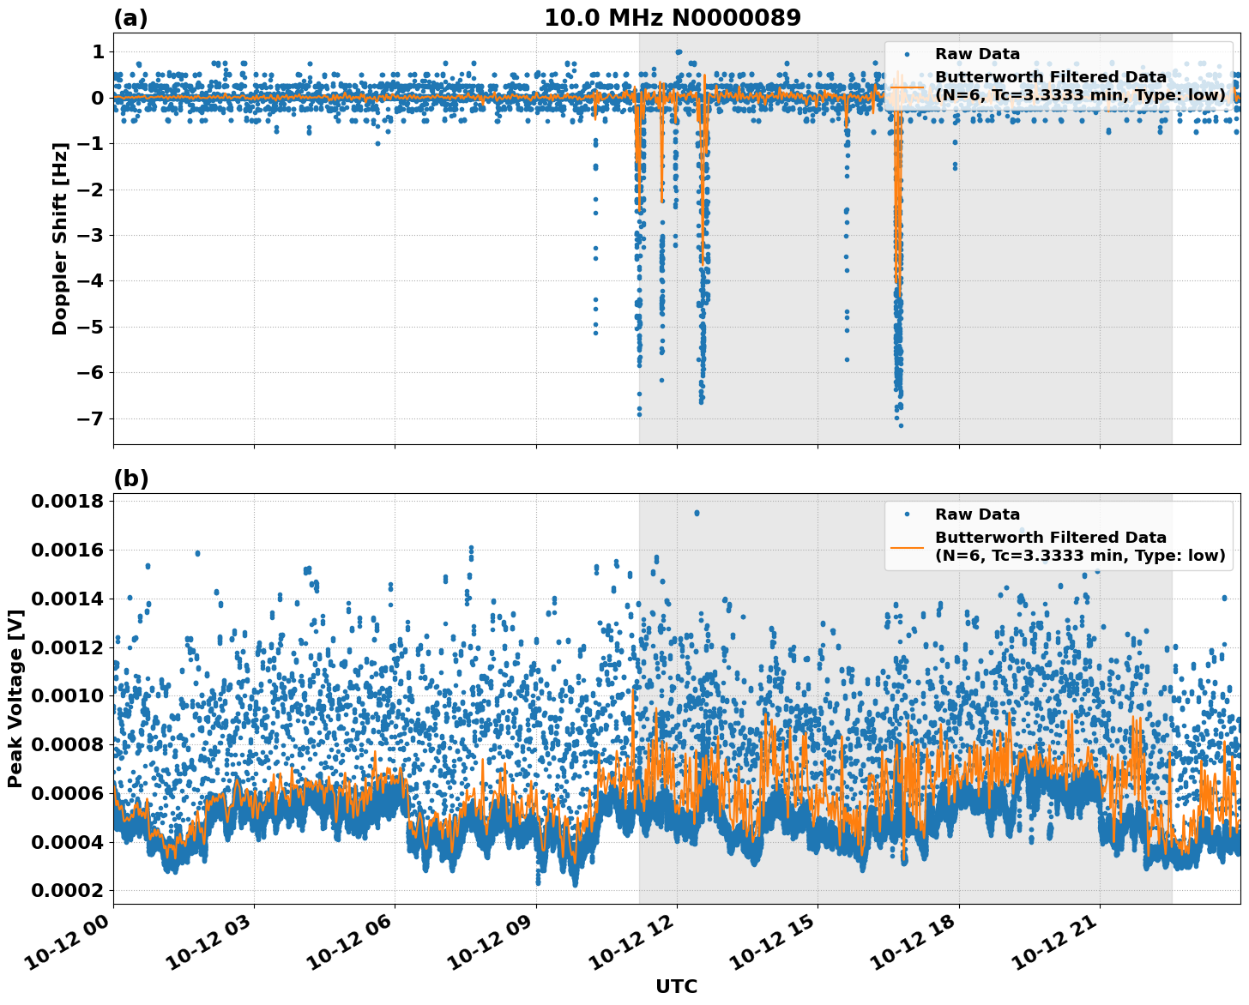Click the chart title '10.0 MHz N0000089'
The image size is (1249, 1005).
pyautogui.click(x=673, y=18)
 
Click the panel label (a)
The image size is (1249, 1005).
pyautogui.click(x=130, y=18)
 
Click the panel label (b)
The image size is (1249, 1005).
pyautogui.click(x=130, y=478)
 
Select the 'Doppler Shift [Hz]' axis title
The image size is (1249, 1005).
pyautogui.click(x=59, y=238)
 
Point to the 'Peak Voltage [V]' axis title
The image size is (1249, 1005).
pyautogui.click(x=15, y=698)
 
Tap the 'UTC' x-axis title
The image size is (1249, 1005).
pyautogui.click(x=676, y=986)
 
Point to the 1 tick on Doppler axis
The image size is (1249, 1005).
pyautogui.click(x=98, y=52)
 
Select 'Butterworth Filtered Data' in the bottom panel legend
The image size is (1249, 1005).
pyautogui.click(x=1050, y=538)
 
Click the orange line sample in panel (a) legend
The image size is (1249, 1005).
pyautogui.click(x=907, y=86)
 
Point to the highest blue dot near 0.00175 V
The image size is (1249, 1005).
pyautogui.click(x=697, y=513)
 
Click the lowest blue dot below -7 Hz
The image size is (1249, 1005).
pyautogui.click(x=900, y=425)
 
